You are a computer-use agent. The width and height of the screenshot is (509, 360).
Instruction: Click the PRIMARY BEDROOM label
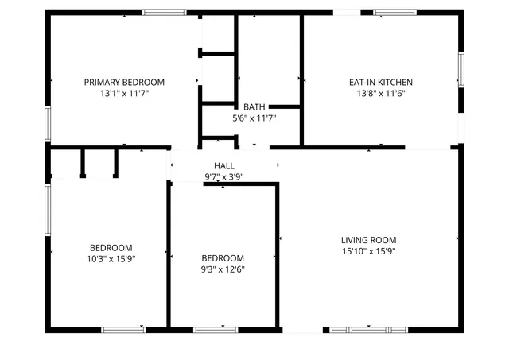124,82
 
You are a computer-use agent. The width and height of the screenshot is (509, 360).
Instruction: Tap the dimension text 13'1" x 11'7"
124,93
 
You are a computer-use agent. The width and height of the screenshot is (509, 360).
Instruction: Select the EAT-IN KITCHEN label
380,82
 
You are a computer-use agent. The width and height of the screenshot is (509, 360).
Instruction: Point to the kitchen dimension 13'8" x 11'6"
380,93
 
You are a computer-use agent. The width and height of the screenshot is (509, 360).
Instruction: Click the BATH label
254,106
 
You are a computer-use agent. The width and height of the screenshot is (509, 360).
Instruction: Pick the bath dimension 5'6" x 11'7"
254,118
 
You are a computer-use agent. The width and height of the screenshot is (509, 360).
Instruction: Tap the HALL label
223,165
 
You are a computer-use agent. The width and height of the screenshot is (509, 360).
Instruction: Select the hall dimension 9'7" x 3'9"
223,176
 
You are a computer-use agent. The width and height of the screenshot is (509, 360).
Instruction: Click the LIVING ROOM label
368,240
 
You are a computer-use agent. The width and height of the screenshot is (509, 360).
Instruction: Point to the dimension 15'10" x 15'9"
368,251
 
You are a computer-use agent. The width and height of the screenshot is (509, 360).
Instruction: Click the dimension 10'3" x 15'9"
111,258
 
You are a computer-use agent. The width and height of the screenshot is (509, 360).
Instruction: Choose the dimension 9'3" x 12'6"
222,269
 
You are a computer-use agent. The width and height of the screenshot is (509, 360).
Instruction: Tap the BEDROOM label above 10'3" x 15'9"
111,247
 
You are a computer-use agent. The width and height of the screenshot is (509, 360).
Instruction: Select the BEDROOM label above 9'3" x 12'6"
222,258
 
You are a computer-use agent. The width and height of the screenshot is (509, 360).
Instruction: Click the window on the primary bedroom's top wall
164,13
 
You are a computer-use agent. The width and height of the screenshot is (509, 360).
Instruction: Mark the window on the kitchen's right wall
460,70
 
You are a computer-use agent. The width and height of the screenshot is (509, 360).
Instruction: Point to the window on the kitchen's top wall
394,13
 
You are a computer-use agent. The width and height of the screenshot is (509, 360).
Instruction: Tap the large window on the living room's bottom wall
367,329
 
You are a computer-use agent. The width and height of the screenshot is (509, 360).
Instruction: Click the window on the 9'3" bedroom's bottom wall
216,329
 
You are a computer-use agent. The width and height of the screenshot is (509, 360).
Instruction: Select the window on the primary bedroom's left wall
48,123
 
